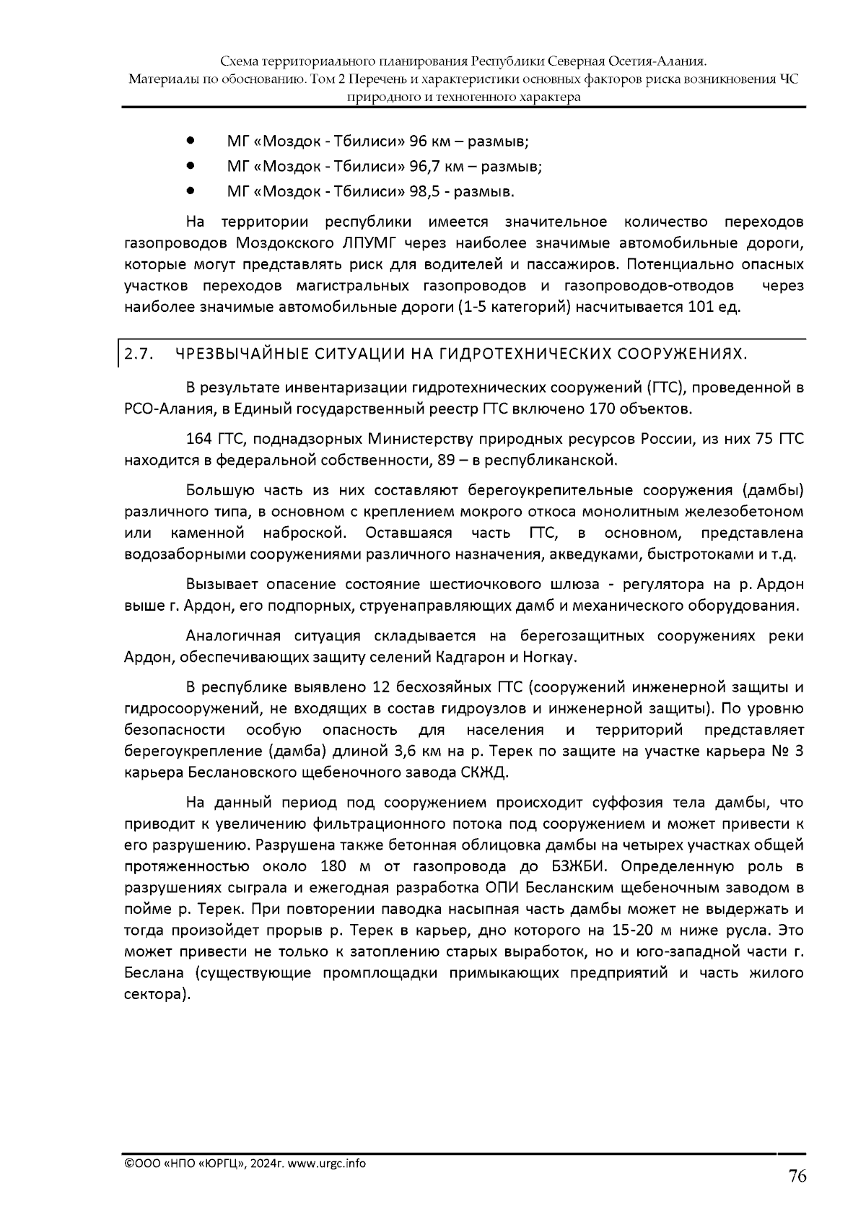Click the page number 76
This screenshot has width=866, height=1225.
click(x=796, y=1177)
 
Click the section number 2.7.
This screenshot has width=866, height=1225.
click(x=136, y=354)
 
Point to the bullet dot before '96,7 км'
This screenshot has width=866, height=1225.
click(x=191, y=165)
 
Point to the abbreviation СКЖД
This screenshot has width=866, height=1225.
click(x=484, y=773)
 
